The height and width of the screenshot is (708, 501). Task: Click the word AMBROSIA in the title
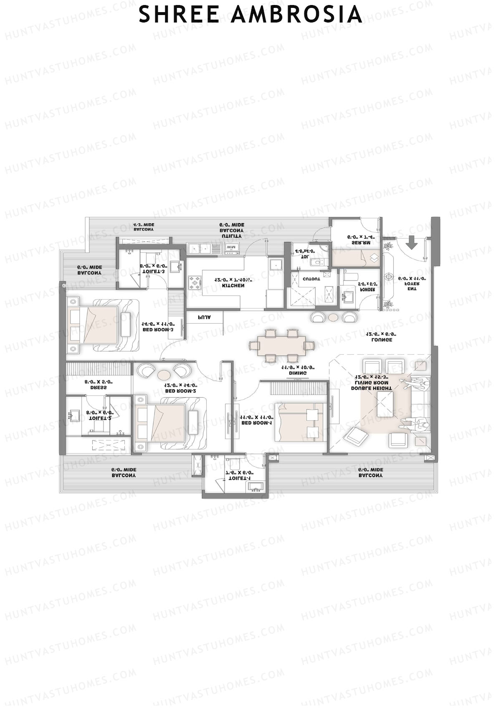pyautogui.click(x=296, y=15)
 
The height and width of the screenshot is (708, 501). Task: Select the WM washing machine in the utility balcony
pyautogui.click(x=231, y=247)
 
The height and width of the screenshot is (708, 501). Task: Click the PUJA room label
pyautogui.click(x=204, y=317)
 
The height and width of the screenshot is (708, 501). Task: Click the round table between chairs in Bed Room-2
pyautogui.click(x=164, y=374)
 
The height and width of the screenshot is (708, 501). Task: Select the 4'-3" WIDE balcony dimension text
pyautogui.click(x=144, y=224)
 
